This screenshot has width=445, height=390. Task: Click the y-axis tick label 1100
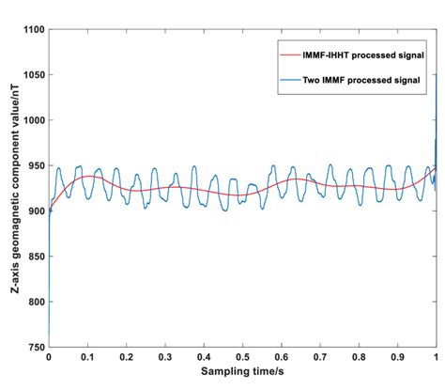coord(33,30)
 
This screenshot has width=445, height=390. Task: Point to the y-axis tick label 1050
coord(33,75)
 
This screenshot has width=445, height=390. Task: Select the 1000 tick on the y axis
coord(33,120)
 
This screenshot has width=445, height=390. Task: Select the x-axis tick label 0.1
coord(86,358)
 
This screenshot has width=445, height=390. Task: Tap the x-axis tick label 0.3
coord(164,358)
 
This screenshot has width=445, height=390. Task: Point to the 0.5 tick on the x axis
coord(242,358)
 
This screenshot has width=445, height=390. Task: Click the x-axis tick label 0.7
coord(319,358)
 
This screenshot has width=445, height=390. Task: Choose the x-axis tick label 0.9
coord(397,358)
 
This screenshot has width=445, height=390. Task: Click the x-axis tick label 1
coord(435,358)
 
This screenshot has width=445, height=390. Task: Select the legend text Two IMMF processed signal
coord(361,82)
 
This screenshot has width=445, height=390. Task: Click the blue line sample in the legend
coord(289,82)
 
